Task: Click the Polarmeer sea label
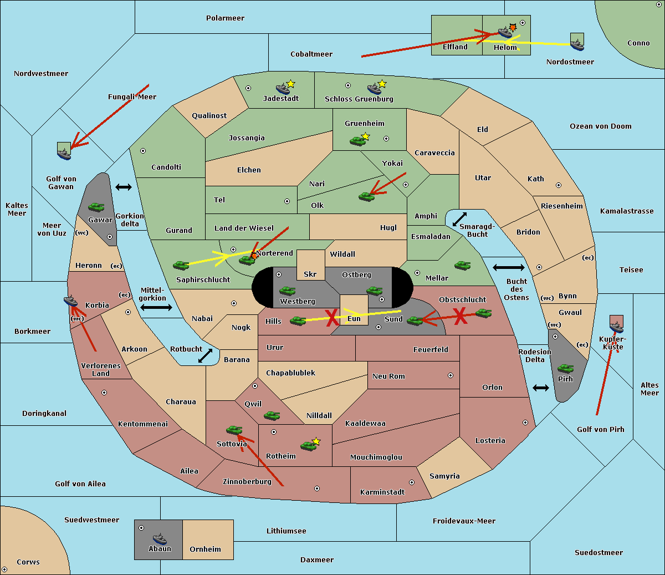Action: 225,18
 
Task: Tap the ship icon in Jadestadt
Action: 283,89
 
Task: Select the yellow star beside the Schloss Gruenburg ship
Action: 382,84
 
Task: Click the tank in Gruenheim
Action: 357,141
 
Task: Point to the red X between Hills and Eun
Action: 331,318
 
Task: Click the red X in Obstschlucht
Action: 460,316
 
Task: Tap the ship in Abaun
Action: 160,538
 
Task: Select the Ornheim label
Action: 205,549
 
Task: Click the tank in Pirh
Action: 565,368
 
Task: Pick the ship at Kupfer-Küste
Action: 616,327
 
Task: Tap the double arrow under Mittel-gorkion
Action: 156,307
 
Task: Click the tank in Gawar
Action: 96,207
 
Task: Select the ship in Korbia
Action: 71,301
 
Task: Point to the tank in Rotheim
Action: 308,445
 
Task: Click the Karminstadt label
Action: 382,492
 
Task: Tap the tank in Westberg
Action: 287,291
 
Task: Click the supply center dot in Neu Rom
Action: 451,375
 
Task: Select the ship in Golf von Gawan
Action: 64,153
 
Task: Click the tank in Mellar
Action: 462,265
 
